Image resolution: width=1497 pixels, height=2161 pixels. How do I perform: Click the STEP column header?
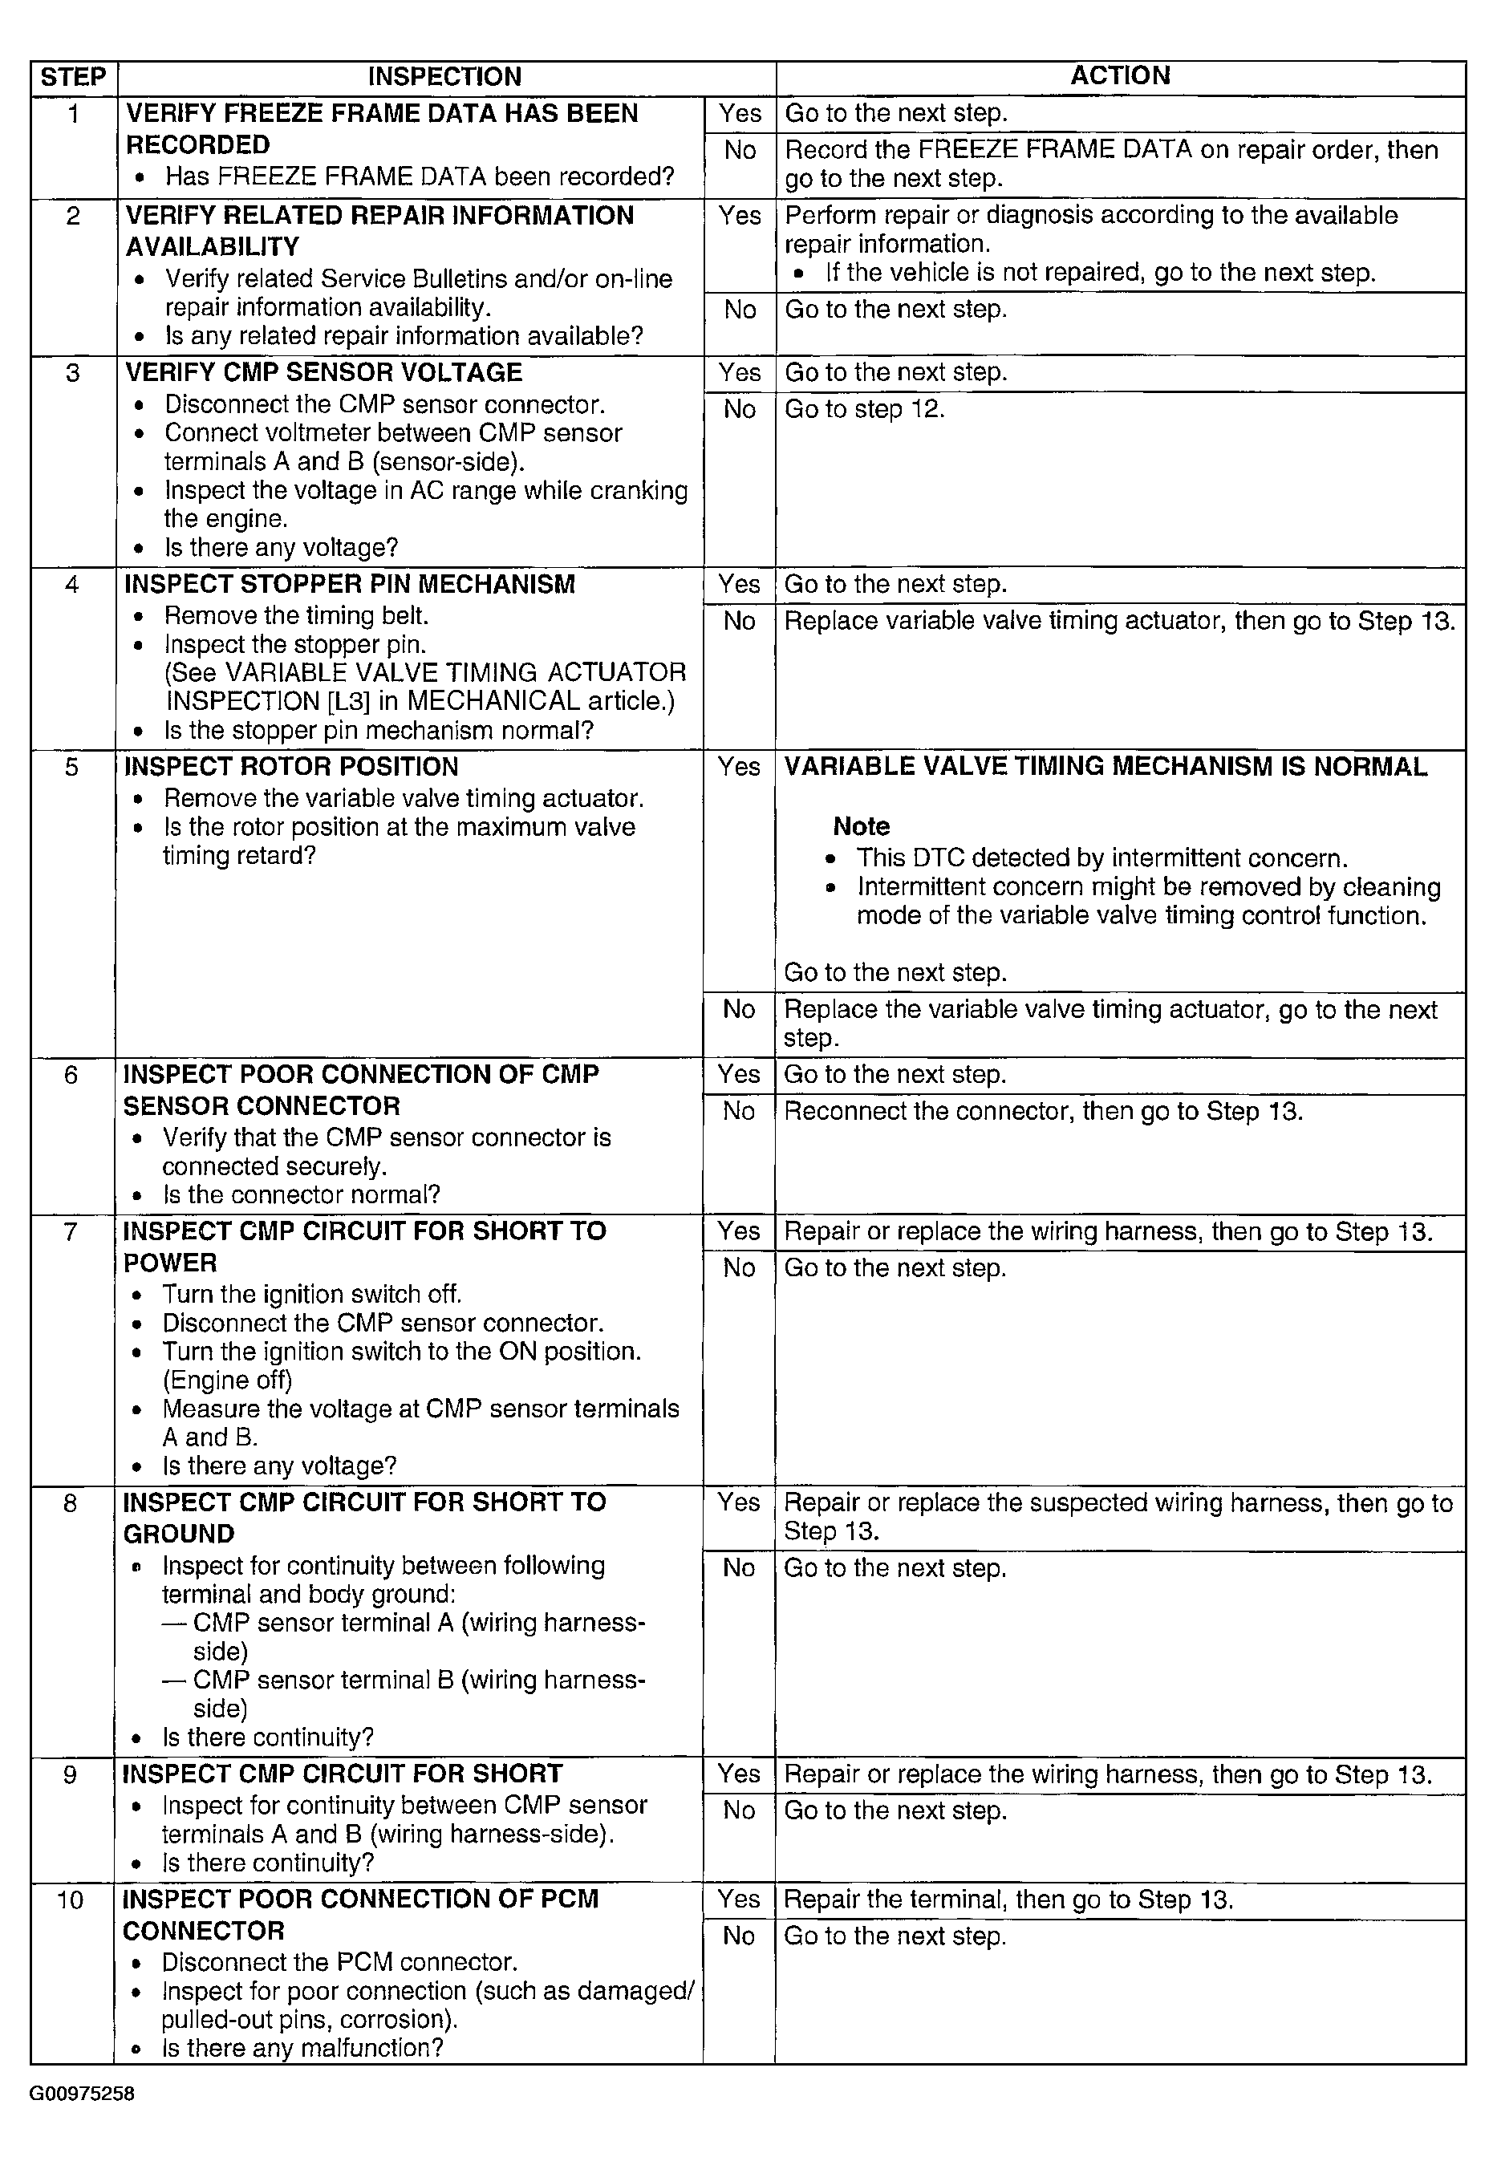point(73,77)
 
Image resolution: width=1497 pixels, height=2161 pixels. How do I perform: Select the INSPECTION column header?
point(444,77)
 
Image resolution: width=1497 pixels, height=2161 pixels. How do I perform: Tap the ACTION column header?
point(1120,76)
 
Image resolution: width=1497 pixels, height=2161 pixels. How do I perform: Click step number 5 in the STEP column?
point(72,767)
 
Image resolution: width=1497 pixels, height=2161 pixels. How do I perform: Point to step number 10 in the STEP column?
point(71,1900)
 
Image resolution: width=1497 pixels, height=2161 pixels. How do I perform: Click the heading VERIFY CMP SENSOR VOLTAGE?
point(323,372)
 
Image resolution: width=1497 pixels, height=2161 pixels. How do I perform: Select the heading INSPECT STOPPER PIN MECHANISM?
point(350,584)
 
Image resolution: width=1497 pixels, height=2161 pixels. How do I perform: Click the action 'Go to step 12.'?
point(864,410)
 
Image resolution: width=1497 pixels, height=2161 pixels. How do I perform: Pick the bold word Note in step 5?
point(861,826)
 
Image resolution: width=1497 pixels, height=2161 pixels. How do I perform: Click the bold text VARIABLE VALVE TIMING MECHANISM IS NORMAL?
point(1106,767)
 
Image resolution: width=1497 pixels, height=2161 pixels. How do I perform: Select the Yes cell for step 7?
point(739,1231)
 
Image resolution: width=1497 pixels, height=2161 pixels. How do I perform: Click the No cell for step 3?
point(739,410)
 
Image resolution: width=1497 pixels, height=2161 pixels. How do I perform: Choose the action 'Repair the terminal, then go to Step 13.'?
point(1008,1900)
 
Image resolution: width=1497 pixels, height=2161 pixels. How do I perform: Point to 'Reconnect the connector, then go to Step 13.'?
point(1043,1112)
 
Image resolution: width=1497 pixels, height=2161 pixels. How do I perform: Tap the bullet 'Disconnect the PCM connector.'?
point(339,1962)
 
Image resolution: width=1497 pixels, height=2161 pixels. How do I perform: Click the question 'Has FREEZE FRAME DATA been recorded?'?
point(420,176)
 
